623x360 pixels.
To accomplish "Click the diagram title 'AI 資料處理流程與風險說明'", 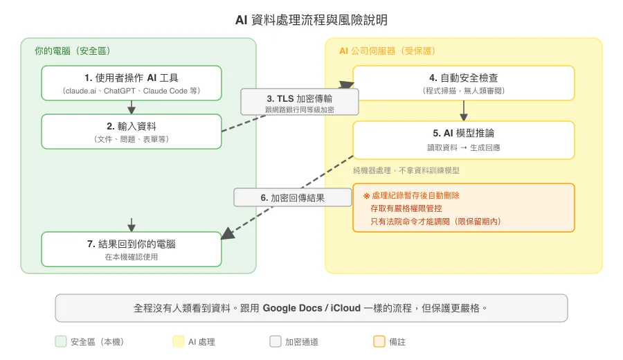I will coord(311,19).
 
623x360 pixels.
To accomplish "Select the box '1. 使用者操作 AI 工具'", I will coord(132,83).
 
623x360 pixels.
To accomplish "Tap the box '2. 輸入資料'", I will coord(132,132).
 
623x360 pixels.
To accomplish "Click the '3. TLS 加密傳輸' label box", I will coord(299,102).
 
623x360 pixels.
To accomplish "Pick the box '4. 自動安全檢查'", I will coord(463,83).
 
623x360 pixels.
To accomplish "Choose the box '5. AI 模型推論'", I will coord(463,139).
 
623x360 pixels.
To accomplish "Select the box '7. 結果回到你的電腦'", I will coord(132,249).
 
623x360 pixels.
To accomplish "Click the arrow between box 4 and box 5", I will coord(463,111).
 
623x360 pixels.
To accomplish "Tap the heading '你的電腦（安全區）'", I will coord(73,51).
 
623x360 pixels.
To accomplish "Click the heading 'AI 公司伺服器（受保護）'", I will coord(387,51).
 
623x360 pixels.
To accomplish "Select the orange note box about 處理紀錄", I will coord(463,208).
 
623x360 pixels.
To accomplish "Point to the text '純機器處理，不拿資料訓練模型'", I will coord(406,170).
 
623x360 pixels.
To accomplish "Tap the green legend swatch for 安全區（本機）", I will coord(61,341).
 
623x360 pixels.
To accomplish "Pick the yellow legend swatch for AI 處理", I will coord(179,341).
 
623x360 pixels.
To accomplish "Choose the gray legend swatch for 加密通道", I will coord(276,341).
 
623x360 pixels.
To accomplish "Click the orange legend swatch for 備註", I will coord(379,341).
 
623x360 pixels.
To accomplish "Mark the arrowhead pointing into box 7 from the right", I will coord(227,235).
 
